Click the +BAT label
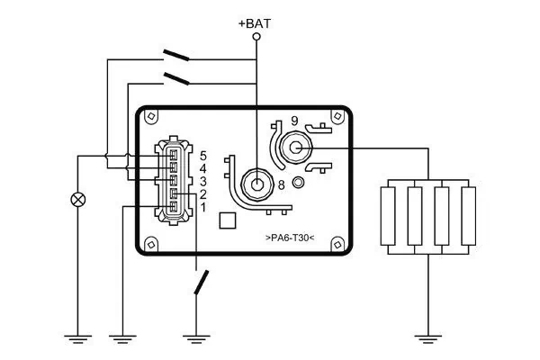[x=256, y=24]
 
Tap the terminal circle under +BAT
[x=256, y=38]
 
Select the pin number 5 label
[x=203, y=156]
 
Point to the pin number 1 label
[x=203, y=208]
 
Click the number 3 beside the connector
[x=203, y=182]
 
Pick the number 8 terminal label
[x=281, y=185]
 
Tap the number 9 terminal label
[x=293, y=121]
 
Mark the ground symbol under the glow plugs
[x=428, y=339]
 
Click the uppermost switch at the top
[x=176, y=55]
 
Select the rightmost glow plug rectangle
[x=466, y=215]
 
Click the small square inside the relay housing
[x=229, y=220]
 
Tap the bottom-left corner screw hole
[x=150, y=242]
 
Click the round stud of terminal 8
[x=257, y=184]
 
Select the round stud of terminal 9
[x=294, y=147]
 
